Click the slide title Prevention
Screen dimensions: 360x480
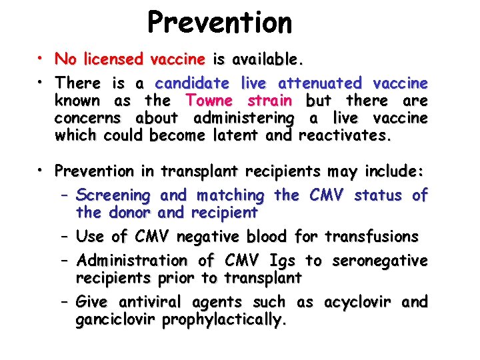click(219, 22)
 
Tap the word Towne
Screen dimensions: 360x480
click(209, 101)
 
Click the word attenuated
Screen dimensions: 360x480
click(319, 83)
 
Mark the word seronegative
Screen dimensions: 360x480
click(379, 260)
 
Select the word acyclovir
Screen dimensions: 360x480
click(359, 302)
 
